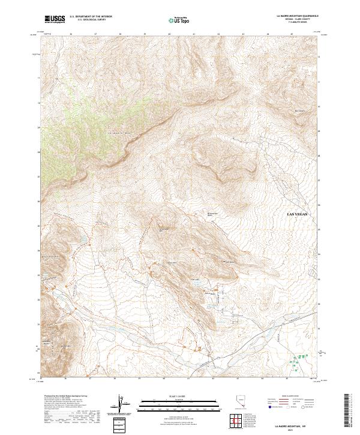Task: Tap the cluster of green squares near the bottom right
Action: [x=298, y=361]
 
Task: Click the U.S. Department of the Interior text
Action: [x=91, y=17]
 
